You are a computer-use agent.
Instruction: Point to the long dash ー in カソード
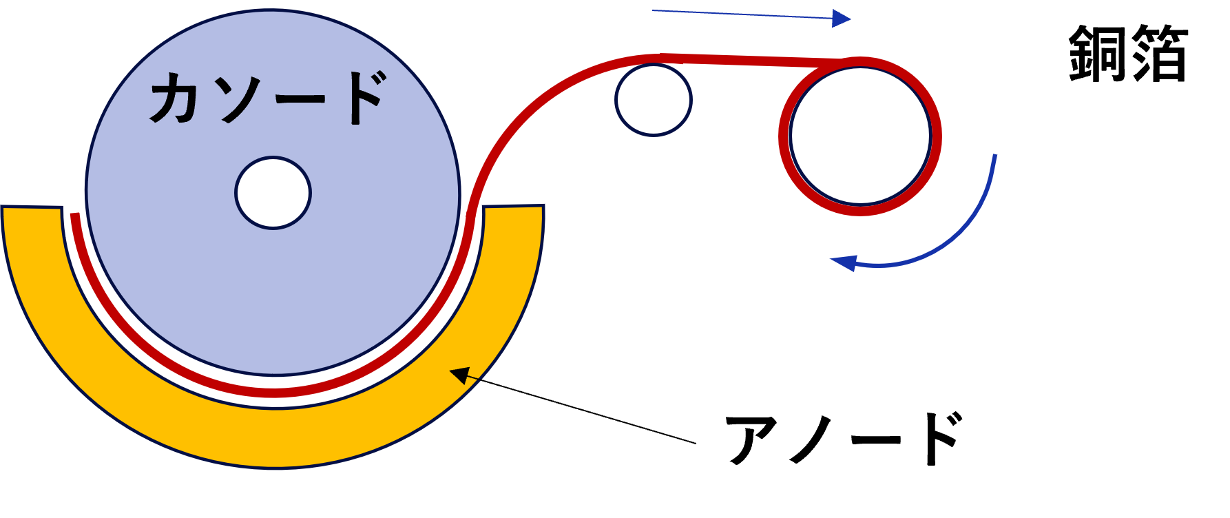[300, 99]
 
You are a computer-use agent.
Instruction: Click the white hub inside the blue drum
[273, 193]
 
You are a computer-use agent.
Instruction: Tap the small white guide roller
[653, 100]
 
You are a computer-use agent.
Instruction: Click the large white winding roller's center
[860, 136]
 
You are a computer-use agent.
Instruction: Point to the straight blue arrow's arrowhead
[842, 19]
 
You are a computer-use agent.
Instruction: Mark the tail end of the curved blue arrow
[994, 156]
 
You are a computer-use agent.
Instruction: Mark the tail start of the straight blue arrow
[654, 10]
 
